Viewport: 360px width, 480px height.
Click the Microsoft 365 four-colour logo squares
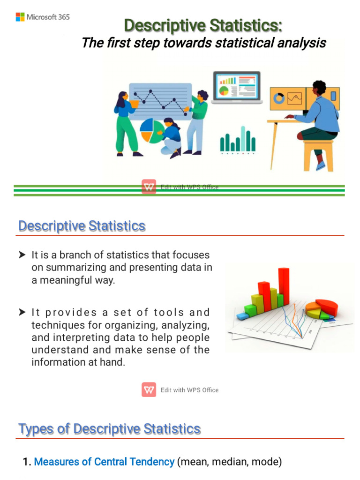(x=20, y=17)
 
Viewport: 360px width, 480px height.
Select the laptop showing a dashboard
(x=237, y=88)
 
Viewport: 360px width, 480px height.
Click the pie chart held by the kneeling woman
(x=152, y=131)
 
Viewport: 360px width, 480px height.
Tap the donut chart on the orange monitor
(x=278, y=98)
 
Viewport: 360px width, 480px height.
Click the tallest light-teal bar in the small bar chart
(x=243, y=138)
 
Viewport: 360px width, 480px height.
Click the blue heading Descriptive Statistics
(x=82, y=226)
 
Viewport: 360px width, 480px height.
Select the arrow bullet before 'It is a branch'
(x=22, y=255)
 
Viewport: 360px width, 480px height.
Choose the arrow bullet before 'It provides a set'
(x=22, y=312)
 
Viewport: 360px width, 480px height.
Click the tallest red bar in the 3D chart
(x=284, y=286)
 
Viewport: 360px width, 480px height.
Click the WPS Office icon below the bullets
(x=149, y=390)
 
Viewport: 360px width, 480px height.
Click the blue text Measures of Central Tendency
(x=104, y=462)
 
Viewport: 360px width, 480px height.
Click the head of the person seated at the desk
(x=319, y=88)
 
